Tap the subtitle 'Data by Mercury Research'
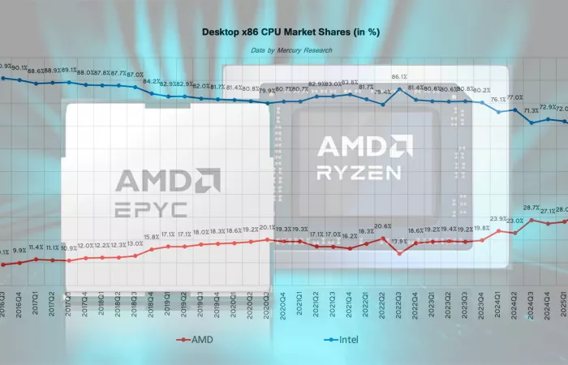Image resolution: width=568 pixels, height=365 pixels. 283,50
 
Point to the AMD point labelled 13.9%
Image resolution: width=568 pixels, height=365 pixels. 399,253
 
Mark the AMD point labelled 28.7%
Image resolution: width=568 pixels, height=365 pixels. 531,220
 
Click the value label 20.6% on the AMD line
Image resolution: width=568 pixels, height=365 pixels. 382,226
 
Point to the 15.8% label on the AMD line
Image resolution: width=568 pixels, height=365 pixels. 152,237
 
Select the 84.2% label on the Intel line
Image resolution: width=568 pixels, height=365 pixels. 152,81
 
